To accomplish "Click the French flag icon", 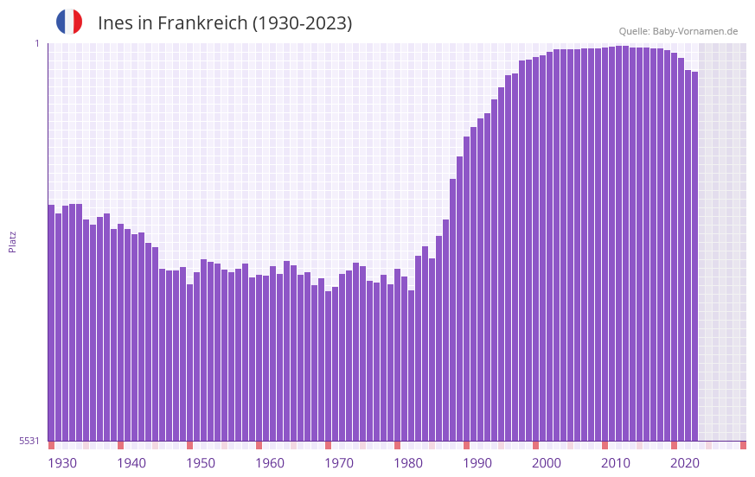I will click(69, 22).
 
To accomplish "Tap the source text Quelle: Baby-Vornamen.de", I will click(678, 31).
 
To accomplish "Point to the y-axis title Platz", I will click(12, 241).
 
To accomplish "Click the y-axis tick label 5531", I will click(29, 441).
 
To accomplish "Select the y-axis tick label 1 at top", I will click(37, 43).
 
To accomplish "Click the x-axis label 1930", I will click(62, 463).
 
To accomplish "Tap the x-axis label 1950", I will click(201, 463).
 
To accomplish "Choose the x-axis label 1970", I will click(339, 463).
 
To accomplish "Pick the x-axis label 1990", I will click(477, 463).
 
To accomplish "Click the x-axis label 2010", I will click(616, 463).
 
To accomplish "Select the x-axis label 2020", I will click(685, 463).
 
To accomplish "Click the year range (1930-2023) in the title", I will click(302, 23).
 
